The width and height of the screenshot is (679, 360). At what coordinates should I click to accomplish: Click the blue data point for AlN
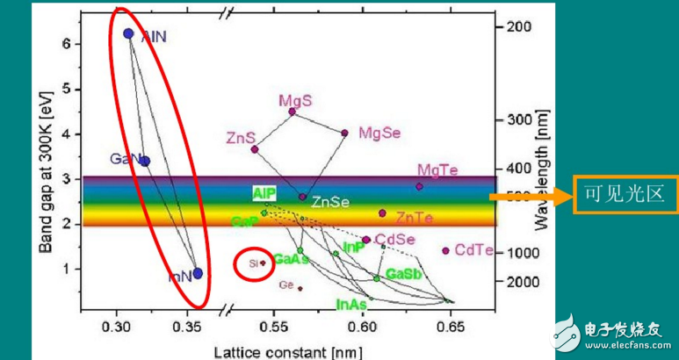pyautogui.click(x=128, y=33)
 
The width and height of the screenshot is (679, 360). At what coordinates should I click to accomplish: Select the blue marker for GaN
pyautogui.click(x=145, y=161)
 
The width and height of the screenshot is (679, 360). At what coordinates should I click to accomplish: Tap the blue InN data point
pyautogui.click(x=198, y=273)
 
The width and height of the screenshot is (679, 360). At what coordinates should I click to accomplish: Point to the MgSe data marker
pyautogui.click(x=344, y=133)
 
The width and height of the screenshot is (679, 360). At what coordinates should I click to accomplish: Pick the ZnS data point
pyautogui.click(x=255, y=149)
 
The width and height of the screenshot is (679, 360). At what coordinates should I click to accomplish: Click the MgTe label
pyautogui.click(x=438, y=169)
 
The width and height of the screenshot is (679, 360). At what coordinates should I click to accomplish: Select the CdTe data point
pyautogui.click(x=446, y=250)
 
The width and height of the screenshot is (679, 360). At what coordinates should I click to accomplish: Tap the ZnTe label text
pyautogui.click(x=413, y=217)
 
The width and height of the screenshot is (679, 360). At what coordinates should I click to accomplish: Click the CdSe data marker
pyautogui.click(x=365, y=240)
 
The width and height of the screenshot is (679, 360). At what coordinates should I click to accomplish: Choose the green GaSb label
pyautogui.click(x=404, y=274)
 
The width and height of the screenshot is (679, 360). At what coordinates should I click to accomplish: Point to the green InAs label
pyautogui.click(x=351, y=304)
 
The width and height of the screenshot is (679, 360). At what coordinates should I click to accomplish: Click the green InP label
pyautogui.click(x=354, y=248)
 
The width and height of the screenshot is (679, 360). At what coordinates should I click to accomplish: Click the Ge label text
pyautogui.click(x=286, y=284)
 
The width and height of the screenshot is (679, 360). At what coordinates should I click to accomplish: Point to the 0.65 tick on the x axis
pyautogui.click(x=451, y=327)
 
